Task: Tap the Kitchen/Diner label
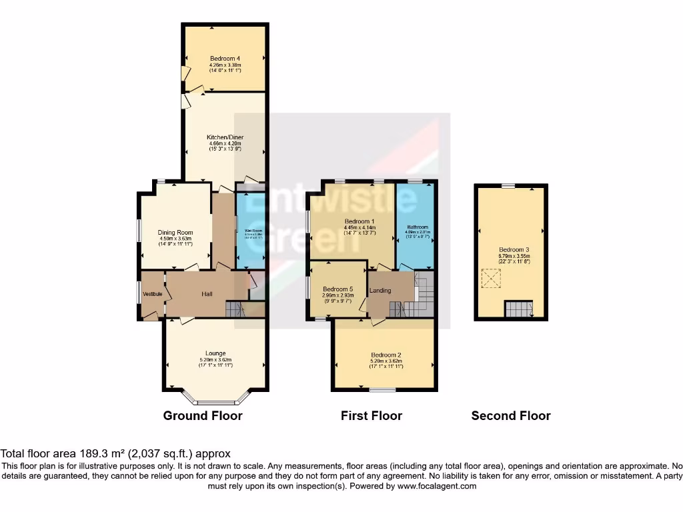(x=224, y=137)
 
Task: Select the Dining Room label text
(x=175, y=233)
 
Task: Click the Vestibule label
(x=153, y=294)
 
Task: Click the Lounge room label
(x=215, y=353)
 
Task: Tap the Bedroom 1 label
(x=360, y=221)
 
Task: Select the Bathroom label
(x=418, y=227)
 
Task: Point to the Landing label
(x=381, y=291)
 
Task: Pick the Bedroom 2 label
(x=386, y=355)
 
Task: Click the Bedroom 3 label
(x=513, y=249)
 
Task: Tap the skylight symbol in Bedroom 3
(x=491, y=278)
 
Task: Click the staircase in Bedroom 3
(x=518, y=309)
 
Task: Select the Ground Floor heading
(x=203, y=416)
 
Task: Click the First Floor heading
(x=372, y=416)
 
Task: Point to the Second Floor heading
(x=511, y=416)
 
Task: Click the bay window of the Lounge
(x=215, y=402)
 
